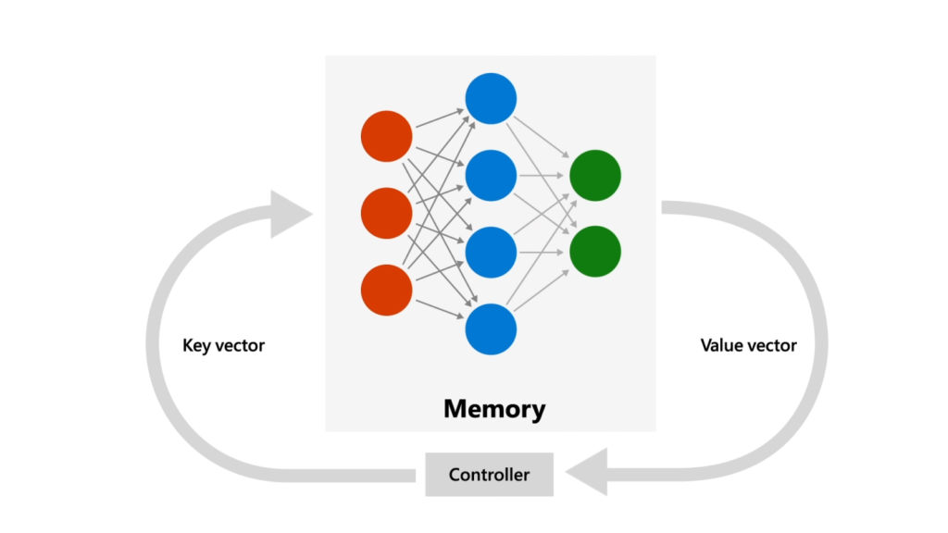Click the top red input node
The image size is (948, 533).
tap(386, 136)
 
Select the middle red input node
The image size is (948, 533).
tap(386, 213)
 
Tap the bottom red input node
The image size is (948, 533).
tap(386, 290)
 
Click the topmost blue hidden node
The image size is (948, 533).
tap(491, 98)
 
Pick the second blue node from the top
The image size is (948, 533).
tap(491, 175)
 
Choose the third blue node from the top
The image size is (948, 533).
tap(491, 252)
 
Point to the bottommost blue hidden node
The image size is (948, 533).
tap(491, 328)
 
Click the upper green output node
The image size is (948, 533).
tap(595, 175)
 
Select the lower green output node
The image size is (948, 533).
tap(595, 251)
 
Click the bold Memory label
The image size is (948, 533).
tap(494, 408)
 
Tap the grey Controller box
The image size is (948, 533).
tap(489, 475)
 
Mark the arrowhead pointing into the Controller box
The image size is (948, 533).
tap(586, 475)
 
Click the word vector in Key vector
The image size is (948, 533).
tap(240, 346)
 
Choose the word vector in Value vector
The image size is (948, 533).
tap(772, 346)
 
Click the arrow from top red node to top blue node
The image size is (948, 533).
tap(439, 118)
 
